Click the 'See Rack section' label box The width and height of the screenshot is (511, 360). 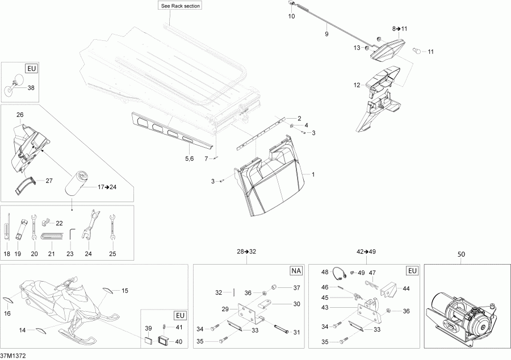[x=181, y=6]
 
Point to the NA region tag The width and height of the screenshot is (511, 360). [x=296, y=271]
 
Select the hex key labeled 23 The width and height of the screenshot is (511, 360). [x=71, y=233]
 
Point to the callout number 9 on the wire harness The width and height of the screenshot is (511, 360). [x=326, y=35]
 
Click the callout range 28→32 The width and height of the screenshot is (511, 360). [x=246, y=250]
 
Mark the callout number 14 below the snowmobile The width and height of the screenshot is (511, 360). [x=23, y=330]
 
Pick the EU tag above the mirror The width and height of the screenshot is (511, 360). [x=31, y=69]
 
